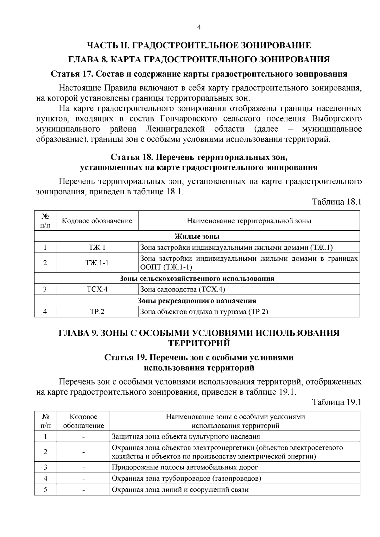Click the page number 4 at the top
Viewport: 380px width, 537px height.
point(199,28)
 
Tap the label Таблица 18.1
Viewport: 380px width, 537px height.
point(337,202)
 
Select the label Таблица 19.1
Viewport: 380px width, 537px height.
point(337,402)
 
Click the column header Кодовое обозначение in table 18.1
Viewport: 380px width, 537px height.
point(97,221)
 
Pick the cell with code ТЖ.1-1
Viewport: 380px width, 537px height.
point(97,263)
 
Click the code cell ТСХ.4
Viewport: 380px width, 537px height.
point(97,289)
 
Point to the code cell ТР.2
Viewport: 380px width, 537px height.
point(97,312)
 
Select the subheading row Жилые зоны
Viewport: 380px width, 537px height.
point(197,236)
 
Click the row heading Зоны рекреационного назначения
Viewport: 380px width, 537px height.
point(197,301)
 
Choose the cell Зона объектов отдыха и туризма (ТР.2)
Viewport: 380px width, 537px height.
point(204,312)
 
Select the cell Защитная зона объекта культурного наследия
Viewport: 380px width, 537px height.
point(186,437)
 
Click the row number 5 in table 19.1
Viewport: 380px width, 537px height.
point(45,490)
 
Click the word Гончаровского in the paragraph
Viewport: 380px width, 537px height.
point(189,119)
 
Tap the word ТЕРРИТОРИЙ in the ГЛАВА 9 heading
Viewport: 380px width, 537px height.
point(199,343)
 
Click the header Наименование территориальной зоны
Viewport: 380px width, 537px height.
point(249,221)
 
